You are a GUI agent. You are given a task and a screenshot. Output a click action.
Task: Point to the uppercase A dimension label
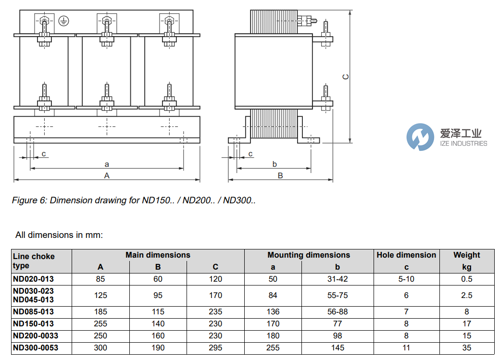point(107,175)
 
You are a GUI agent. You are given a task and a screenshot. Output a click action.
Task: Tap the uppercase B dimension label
point(280,175)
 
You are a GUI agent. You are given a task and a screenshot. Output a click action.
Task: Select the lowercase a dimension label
point(107,164)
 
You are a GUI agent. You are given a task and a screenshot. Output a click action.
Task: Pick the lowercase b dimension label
point(275,164)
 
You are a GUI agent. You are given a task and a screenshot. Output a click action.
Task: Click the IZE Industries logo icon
point(420,137)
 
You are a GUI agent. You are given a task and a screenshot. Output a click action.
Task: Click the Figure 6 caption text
point(134,200)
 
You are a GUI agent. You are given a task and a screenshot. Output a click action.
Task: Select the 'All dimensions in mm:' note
point(59,235)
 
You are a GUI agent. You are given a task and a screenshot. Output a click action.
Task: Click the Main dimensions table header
point(158,255)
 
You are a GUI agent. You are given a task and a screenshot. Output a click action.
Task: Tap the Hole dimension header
point(406,255)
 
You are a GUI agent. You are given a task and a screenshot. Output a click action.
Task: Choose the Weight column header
point(466,255)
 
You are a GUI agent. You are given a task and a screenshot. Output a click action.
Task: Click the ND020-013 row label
point(33,279)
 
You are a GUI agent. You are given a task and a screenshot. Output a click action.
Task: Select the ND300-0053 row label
point(35,348)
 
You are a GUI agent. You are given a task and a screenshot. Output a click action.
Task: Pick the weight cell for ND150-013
point(466,324)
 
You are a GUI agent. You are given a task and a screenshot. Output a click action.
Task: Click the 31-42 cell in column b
point(337,279)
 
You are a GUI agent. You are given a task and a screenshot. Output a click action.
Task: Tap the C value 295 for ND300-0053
point(215,348)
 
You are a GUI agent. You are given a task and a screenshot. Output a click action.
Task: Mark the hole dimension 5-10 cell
point(406,279)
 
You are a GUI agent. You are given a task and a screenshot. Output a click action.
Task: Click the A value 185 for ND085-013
point(100,312)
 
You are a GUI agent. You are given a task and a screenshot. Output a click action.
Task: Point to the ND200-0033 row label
point(35,335)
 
